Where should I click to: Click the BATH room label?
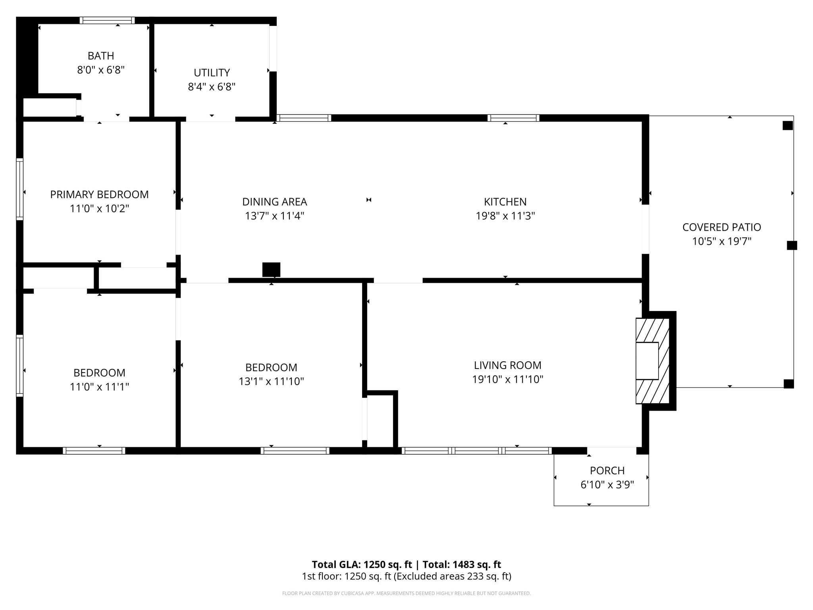click(x=101, y=56)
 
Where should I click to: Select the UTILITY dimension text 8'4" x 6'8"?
click(x=212, y=87)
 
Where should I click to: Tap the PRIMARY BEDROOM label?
click(x=99, y=194)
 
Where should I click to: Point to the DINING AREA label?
click(x=274, y=202)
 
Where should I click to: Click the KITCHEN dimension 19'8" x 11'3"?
click(x=505, y=216)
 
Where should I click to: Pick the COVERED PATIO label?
click(x=721, y=227)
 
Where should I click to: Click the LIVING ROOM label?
click(x=507, y=365)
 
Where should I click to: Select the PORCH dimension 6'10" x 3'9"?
click(x=607, y=485)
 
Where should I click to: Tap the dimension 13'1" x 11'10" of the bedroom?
click(x=271, y=381)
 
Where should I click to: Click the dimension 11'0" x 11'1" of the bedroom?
click(x=99, y=386)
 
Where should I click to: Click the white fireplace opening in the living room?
click(x=647, y=361)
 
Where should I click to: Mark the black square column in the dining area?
click(x=271, y=270)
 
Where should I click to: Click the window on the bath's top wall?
click(x=107, y=20)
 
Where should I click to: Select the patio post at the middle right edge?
click(x=792, y=245)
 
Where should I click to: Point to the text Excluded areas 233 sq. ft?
click(x=452, y=576)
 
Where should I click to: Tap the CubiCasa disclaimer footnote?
click(x=406, y=593)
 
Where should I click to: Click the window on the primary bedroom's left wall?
click(x=19, y=189)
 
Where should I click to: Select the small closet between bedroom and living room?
click(x=380, y=421)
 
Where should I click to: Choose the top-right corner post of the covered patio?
click(x=787, y=125)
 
